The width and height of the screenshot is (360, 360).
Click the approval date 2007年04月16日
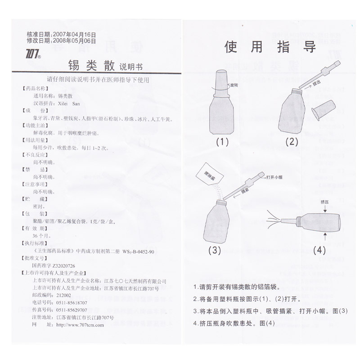tap(75, 34)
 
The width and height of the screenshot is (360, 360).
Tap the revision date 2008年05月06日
tap(75, 40)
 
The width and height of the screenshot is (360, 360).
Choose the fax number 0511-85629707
tap(72, 311)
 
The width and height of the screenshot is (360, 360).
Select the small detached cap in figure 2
tap(320, 109)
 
